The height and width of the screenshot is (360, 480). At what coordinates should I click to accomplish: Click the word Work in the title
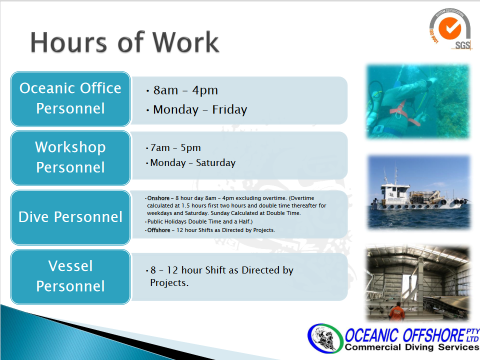(x=186, y=42)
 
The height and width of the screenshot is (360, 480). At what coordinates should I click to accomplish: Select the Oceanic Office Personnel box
(x=70, y=98)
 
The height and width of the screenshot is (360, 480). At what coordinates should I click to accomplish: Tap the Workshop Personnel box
(x=70, y=157)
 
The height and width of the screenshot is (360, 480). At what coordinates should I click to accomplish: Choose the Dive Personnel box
(x=70, y=217)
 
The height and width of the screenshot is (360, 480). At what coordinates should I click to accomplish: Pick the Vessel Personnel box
(x=70, y=276)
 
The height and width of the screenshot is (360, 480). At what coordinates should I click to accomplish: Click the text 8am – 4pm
(x=185, y=90)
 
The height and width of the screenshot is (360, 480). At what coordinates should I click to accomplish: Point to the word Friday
(x=229, y=109)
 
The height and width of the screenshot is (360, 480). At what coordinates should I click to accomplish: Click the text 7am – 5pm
(x=175, y=148)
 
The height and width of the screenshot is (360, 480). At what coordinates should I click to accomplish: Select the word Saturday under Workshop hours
(x=216, y=162)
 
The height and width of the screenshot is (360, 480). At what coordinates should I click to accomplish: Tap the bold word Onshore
(x=158, y=198)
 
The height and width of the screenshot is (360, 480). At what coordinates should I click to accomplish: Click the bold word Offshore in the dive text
(x=158, y=230)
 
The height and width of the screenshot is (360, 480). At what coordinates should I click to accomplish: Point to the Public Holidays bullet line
(x=200, y=221)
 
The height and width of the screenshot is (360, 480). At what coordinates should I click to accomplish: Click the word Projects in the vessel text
(x=169, y=283)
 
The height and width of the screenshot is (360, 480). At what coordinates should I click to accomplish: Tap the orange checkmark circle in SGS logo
(x=449, y=28)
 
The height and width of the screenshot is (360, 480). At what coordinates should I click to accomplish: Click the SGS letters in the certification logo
(x=462, y=45)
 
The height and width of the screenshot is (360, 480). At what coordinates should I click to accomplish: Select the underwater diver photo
(x=418, y=101)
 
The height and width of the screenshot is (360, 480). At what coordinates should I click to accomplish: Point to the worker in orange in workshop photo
(x=397, y=311)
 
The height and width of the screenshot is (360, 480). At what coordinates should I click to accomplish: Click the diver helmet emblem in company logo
(x=325, y=338)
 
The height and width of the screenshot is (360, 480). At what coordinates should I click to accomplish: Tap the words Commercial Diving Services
(x=411, y=347)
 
